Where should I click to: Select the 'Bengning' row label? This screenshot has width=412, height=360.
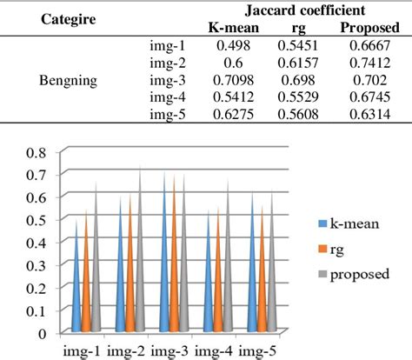69,81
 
